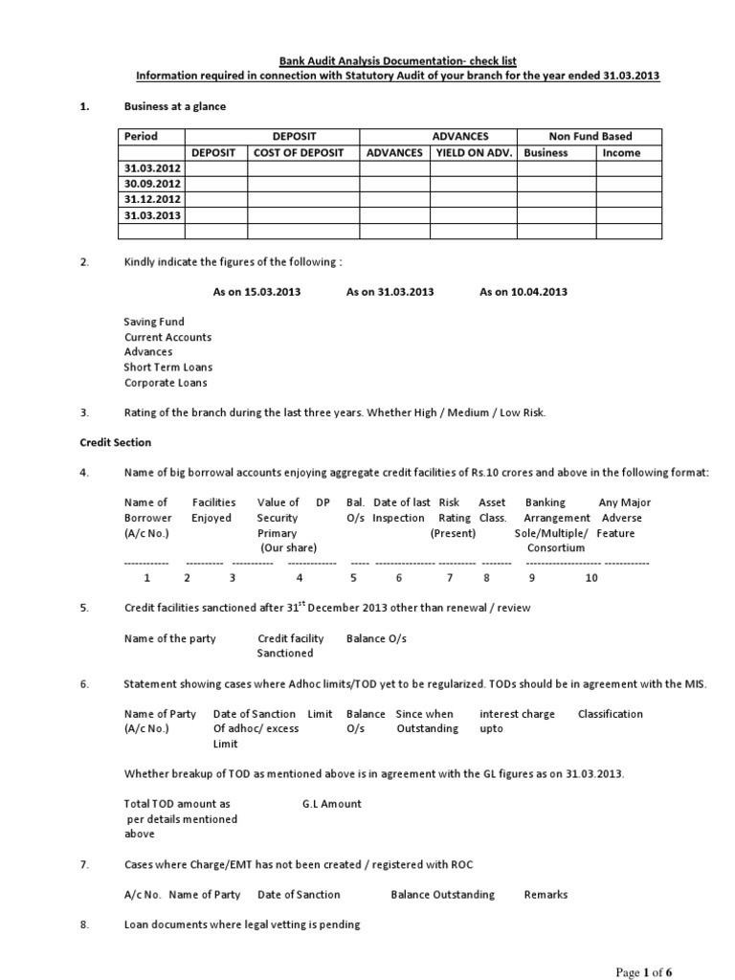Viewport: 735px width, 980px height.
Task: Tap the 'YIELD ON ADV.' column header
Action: (474, 153)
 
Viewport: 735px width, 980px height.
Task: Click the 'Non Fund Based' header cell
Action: (590, 137)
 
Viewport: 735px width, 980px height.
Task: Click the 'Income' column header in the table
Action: (621, 153)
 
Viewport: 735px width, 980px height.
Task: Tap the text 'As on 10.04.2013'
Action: (523, 292)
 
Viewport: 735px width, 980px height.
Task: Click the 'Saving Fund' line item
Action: (154, 323)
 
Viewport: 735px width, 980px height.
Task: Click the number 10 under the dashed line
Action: (590, 578)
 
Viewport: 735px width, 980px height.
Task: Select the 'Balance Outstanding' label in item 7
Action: (442, 895)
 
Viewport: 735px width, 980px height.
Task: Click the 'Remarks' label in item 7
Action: (546, 895)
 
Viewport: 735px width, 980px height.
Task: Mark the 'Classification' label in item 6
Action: (611, 714)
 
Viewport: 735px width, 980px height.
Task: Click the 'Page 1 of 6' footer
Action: (643, 972)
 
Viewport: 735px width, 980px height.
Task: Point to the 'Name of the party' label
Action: (170, 638)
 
